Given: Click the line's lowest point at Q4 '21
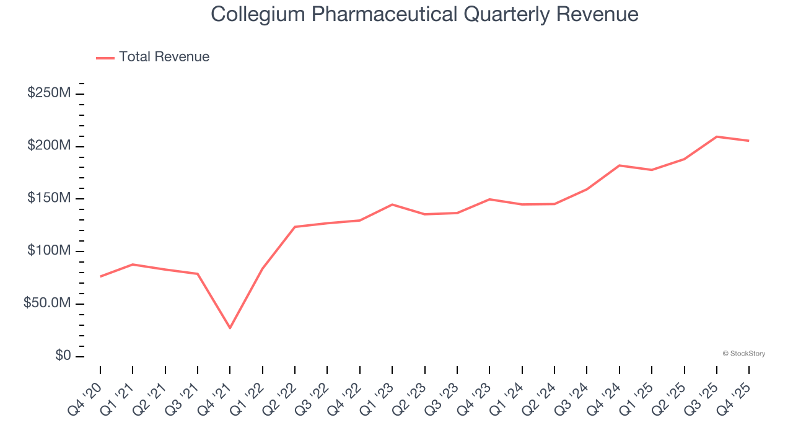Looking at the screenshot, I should [x=230, y=328].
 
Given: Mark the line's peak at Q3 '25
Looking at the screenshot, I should [x=716, y=136].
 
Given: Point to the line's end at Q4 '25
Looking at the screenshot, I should [x=748, y=141].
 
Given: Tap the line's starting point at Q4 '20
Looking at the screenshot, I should [x=100, y=276].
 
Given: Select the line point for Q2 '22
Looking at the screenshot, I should [x=295, y=227].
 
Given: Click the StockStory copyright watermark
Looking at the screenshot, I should [x=743, y=354].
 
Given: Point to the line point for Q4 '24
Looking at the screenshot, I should [x=619, y=165].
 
